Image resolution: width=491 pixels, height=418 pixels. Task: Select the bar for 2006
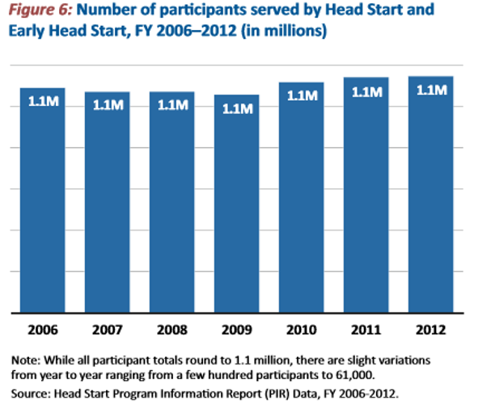click(43, 202)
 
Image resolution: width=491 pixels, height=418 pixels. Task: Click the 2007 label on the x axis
click(108, 329)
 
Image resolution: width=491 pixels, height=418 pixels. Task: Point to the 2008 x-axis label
click(172, 329)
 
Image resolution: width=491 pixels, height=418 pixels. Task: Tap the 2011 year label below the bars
click(366, 329)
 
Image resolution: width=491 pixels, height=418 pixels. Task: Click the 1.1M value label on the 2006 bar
click(43, 103)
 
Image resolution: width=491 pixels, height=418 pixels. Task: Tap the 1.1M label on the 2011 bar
click(366, 92)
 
